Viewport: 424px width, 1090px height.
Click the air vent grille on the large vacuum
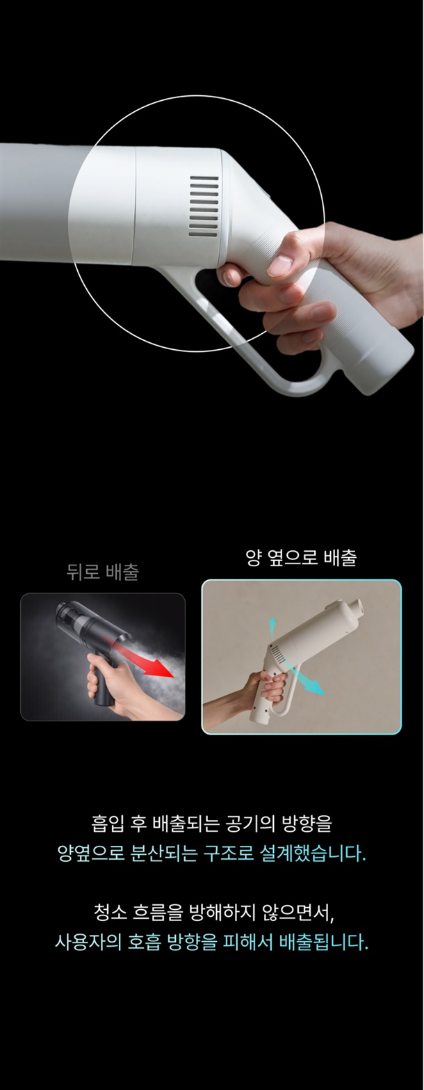point(203,207)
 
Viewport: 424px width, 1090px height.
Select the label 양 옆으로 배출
point(302,557)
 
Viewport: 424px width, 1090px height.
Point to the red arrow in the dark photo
point(141,659)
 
